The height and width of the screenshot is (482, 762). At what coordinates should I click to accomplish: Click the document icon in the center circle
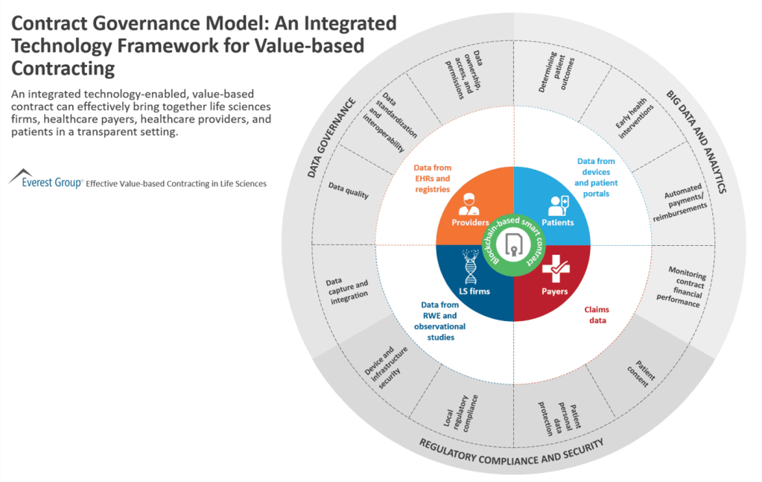(x=514, y=244)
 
